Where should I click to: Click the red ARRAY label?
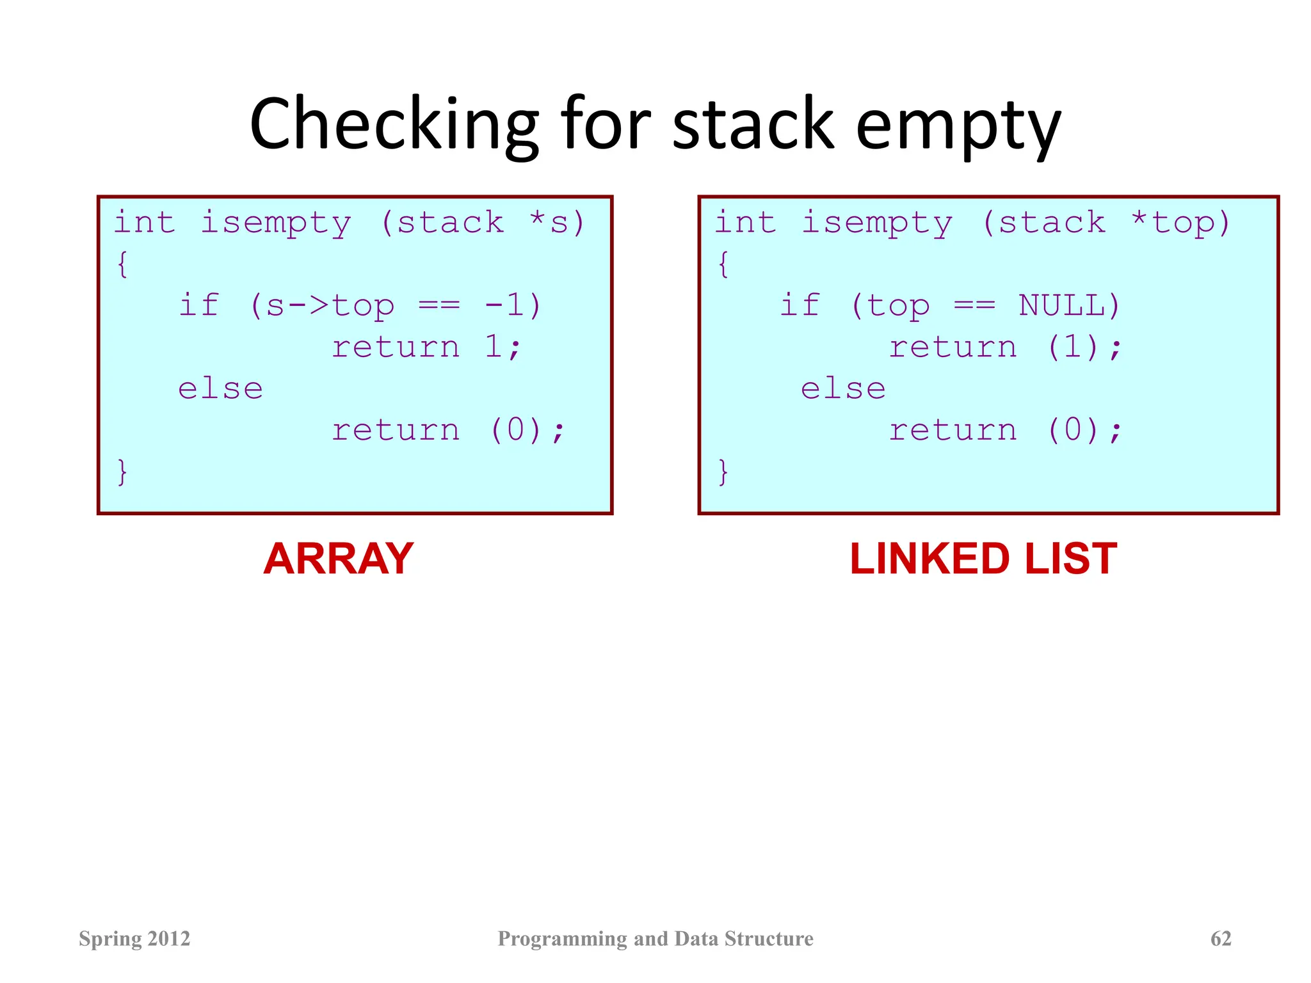coord(338,559)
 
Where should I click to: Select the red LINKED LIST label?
coord(983,559)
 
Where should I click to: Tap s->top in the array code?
coord(330,305)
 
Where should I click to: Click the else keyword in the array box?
coord(220,388)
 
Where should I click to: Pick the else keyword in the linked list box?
coord(843,388)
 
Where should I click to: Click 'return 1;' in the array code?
coord(426,347)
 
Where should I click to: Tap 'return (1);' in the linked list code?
coord(1005,347)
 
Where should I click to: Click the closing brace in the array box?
coord(122,472)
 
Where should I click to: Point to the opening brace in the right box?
coord(723,264)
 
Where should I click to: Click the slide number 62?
coord(1221,938)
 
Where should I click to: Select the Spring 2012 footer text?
coord(134,938)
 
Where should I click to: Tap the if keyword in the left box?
coord(199,305)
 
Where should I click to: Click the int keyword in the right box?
coord(745,223)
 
